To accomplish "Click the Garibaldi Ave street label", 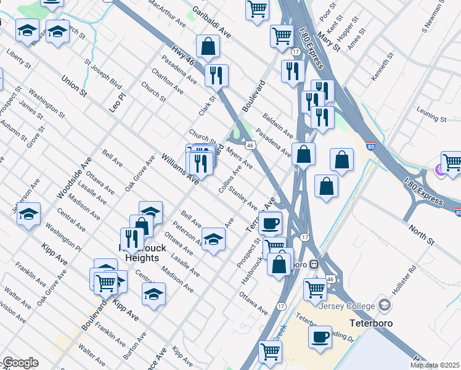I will [211, 23].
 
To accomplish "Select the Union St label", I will [74, 86].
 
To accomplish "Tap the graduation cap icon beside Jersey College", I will [385, 305].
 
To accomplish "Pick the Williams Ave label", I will [179, 170].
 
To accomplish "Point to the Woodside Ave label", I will [69, 177].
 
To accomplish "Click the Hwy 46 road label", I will [182, 51].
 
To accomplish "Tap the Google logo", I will [20, 363].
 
